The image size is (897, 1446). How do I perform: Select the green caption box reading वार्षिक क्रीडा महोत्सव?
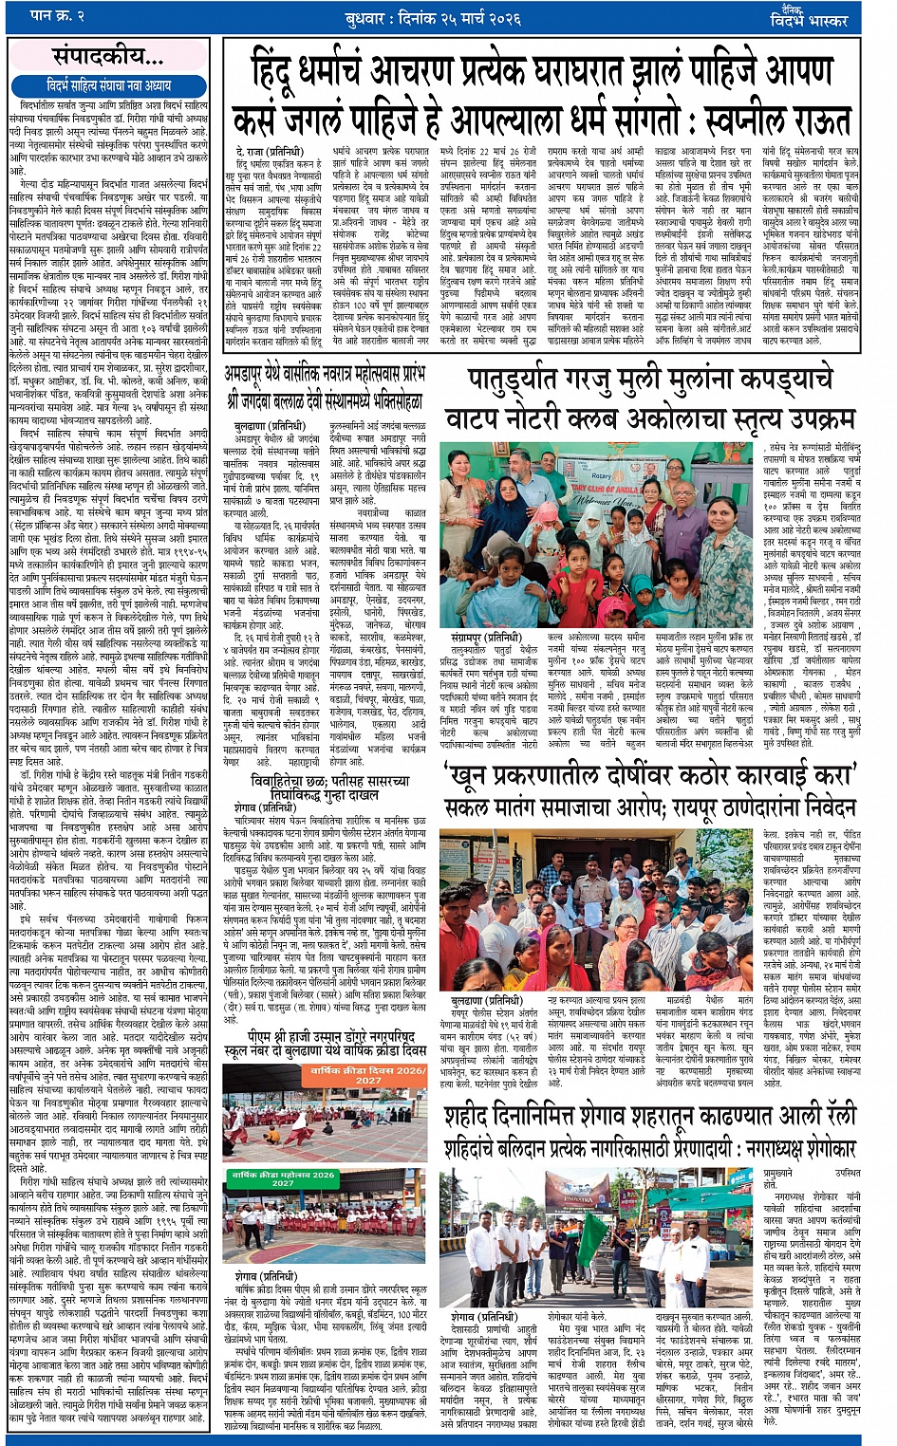[283, 1178]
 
